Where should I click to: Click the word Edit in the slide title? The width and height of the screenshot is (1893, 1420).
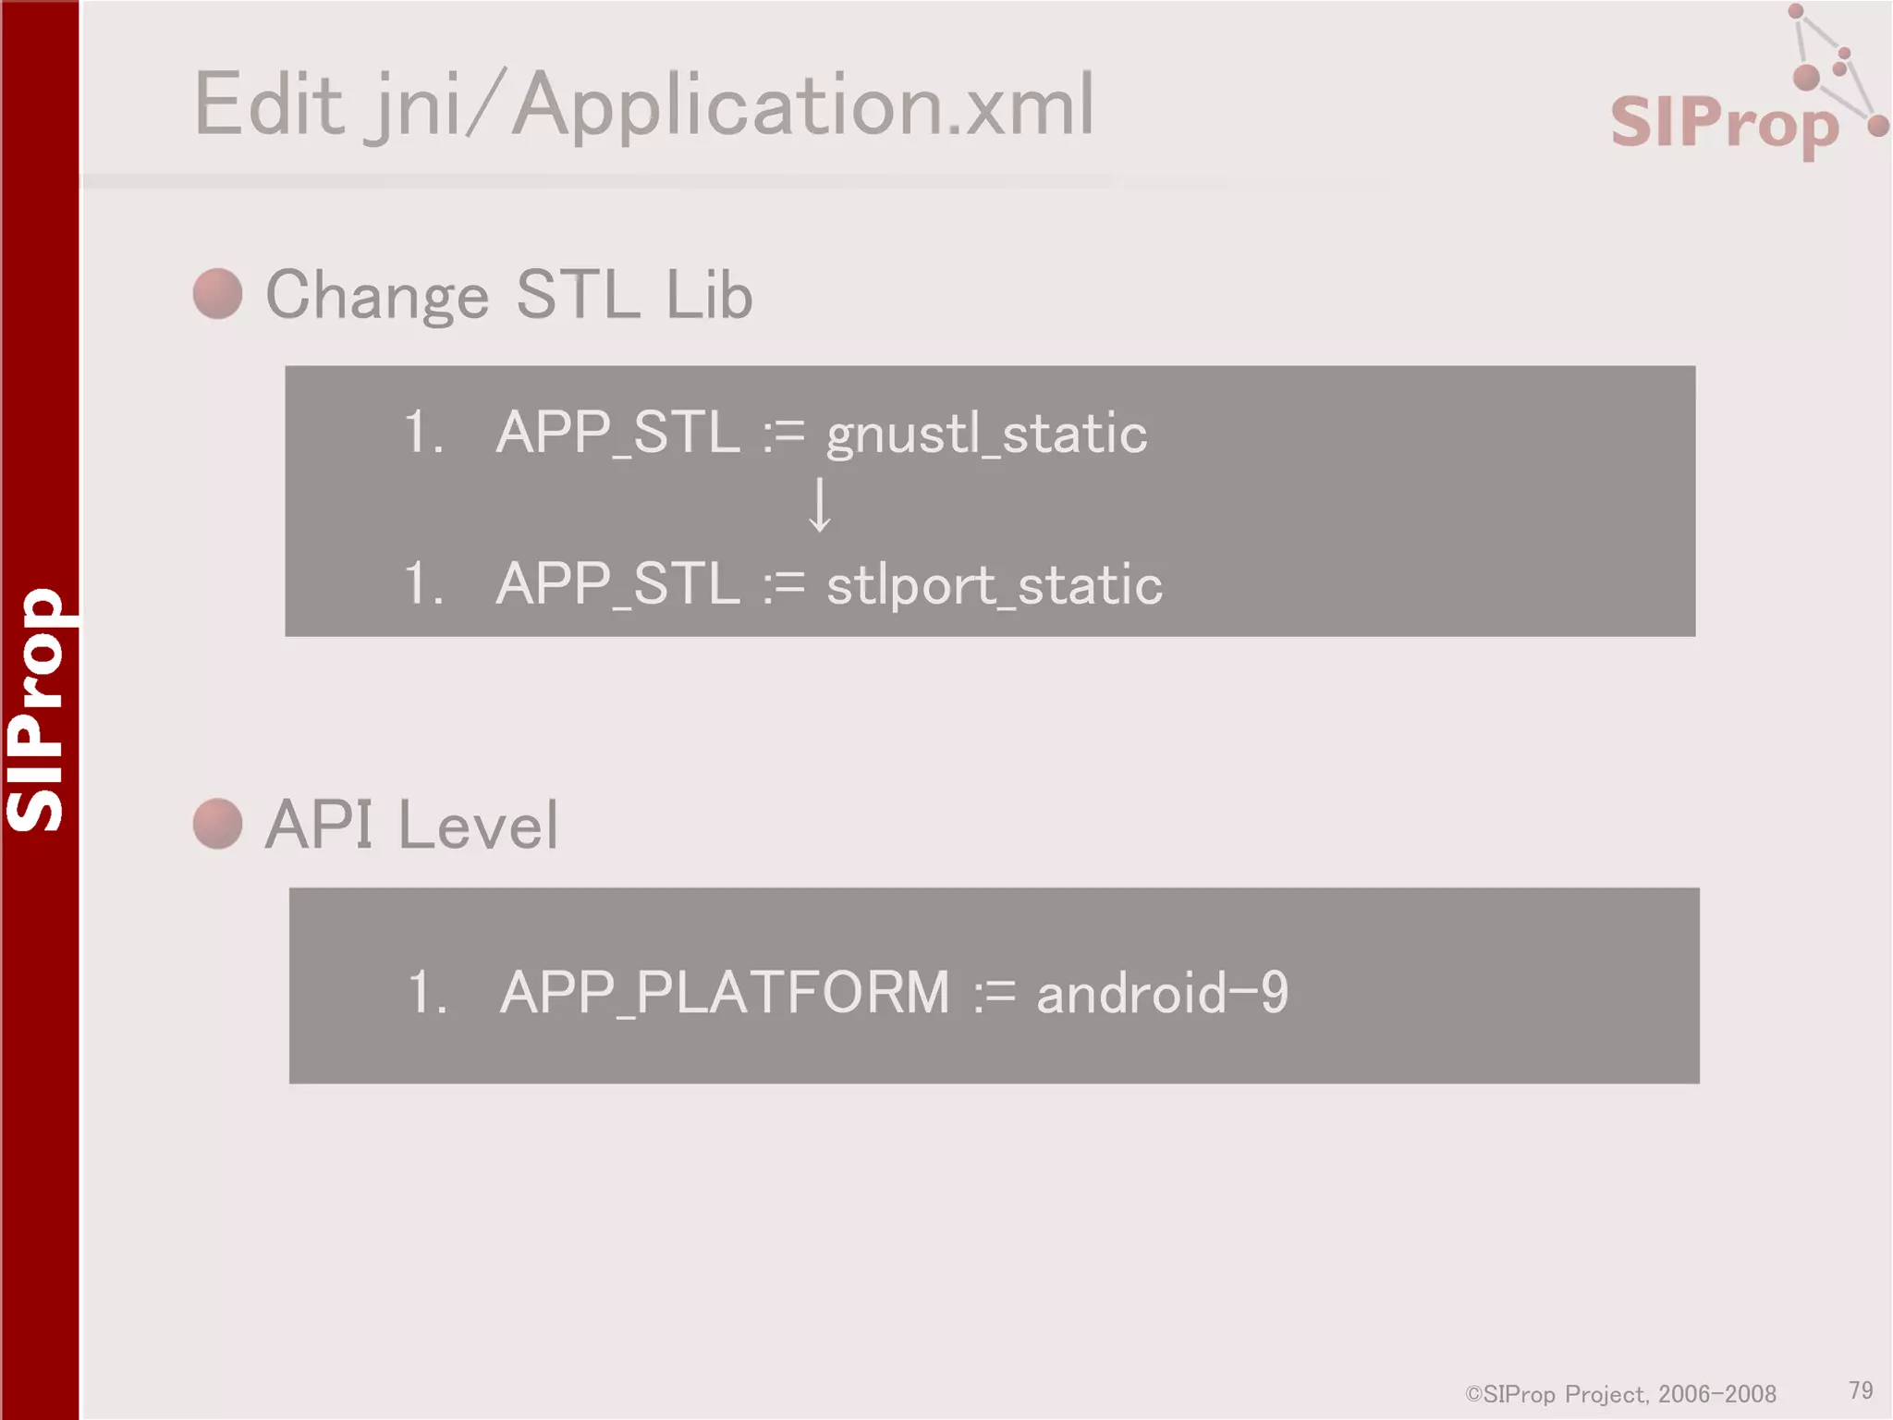coord(269,105)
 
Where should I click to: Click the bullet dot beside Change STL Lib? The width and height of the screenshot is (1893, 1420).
coord(218,294)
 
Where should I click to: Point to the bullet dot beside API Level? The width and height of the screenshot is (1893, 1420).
coord(218,824)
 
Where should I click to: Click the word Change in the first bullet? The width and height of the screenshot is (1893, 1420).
coord(377,296)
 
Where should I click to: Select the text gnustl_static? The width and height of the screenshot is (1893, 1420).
coord(986,434)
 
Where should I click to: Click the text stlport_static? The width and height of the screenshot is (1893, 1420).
coord(994,585)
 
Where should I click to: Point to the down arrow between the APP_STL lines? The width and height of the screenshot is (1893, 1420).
coord(819,506)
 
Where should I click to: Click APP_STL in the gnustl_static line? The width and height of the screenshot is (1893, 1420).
coord(617,433)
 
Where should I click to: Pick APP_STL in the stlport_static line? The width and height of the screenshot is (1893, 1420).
coord(617,584)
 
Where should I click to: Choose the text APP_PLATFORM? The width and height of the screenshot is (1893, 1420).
coord(724,993)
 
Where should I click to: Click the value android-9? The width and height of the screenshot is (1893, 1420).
coord(1162,993)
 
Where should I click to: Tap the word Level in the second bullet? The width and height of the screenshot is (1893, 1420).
coord(478,826)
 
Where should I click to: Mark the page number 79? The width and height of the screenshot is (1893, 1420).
coord(1861,1390)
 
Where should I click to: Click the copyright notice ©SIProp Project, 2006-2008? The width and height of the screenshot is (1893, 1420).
coord(1620,1394)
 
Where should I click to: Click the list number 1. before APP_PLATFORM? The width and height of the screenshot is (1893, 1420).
coord(427,993)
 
